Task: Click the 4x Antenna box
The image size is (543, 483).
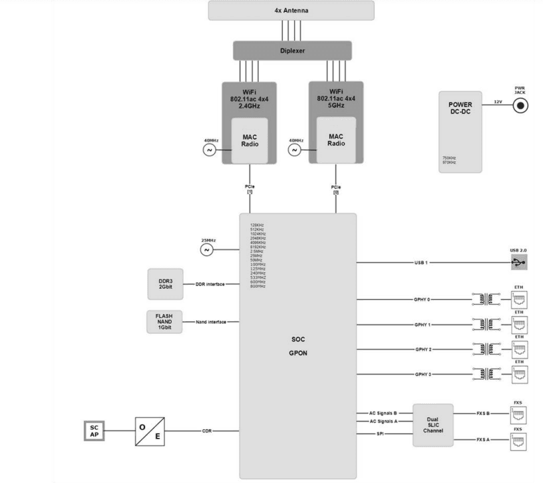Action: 291,11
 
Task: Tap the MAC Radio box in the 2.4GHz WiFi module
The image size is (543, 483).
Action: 249,141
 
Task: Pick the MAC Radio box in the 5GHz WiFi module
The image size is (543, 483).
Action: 335,141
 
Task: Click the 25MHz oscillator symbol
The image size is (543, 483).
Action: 206,250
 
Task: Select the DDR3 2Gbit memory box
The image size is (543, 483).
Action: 166,284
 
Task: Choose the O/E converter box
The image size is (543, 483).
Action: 150,430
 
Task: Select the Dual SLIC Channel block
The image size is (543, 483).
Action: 433,425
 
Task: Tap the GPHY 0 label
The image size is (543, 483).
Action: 423,300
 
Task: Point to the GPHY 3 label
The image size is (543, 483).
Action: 423,375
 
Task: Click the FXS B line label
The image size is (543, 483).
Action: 484,412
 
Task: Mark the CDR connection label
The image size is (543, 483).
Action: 207,430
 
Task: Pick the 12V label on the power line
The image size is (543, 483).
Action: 497,102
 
